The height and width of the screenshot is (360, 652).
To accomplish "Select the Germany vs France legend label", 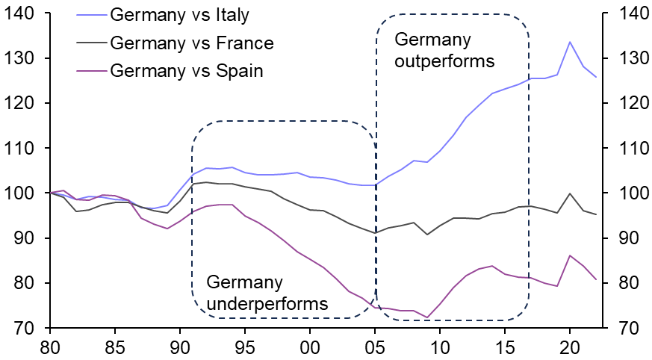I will click(191, 43).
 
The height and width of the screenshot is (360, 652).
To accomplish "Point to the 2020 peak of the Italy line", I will click(570, 42).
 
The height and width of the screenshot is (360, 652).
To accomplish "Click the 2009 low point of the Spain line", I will click(426, 317).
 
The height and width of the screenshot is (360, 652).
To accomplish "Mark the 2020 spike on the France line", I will click(570, 193).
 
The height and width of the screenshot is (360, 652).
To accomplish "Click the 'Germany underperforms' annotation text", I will click(267, 294).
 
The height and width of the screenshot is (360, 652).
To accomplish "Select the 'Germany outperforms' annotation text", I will click(444, 50).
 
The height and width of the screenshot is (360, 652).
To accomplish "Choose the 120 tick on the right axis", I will click(627, 103).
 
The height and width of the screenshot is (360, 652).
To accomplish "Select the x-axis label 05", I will click(375, 347).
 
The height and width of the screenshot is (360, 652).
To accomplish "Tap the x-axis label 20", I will click(570, 347).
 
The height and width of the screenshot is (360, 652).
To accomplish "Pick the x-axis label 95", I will click(245, 347).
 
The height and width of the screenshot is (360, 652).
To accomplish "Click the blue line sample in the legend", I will click(90, 15).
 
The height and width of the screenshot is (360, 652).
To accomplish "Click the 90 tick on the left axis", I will click(25, 238).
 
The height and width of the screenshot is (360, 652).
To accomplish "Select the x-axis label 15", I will click(505, 347).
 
